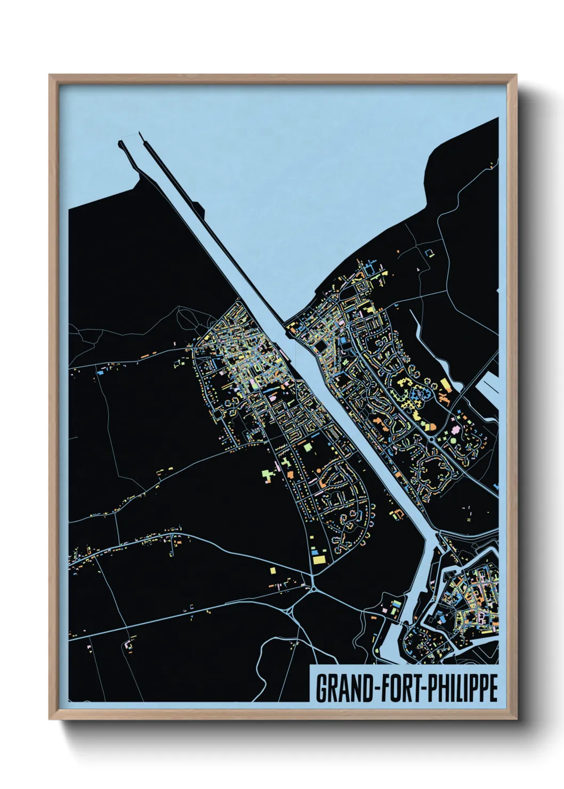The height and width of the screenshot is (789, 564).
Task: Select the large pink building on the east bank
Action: click(x=455, y=430)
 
